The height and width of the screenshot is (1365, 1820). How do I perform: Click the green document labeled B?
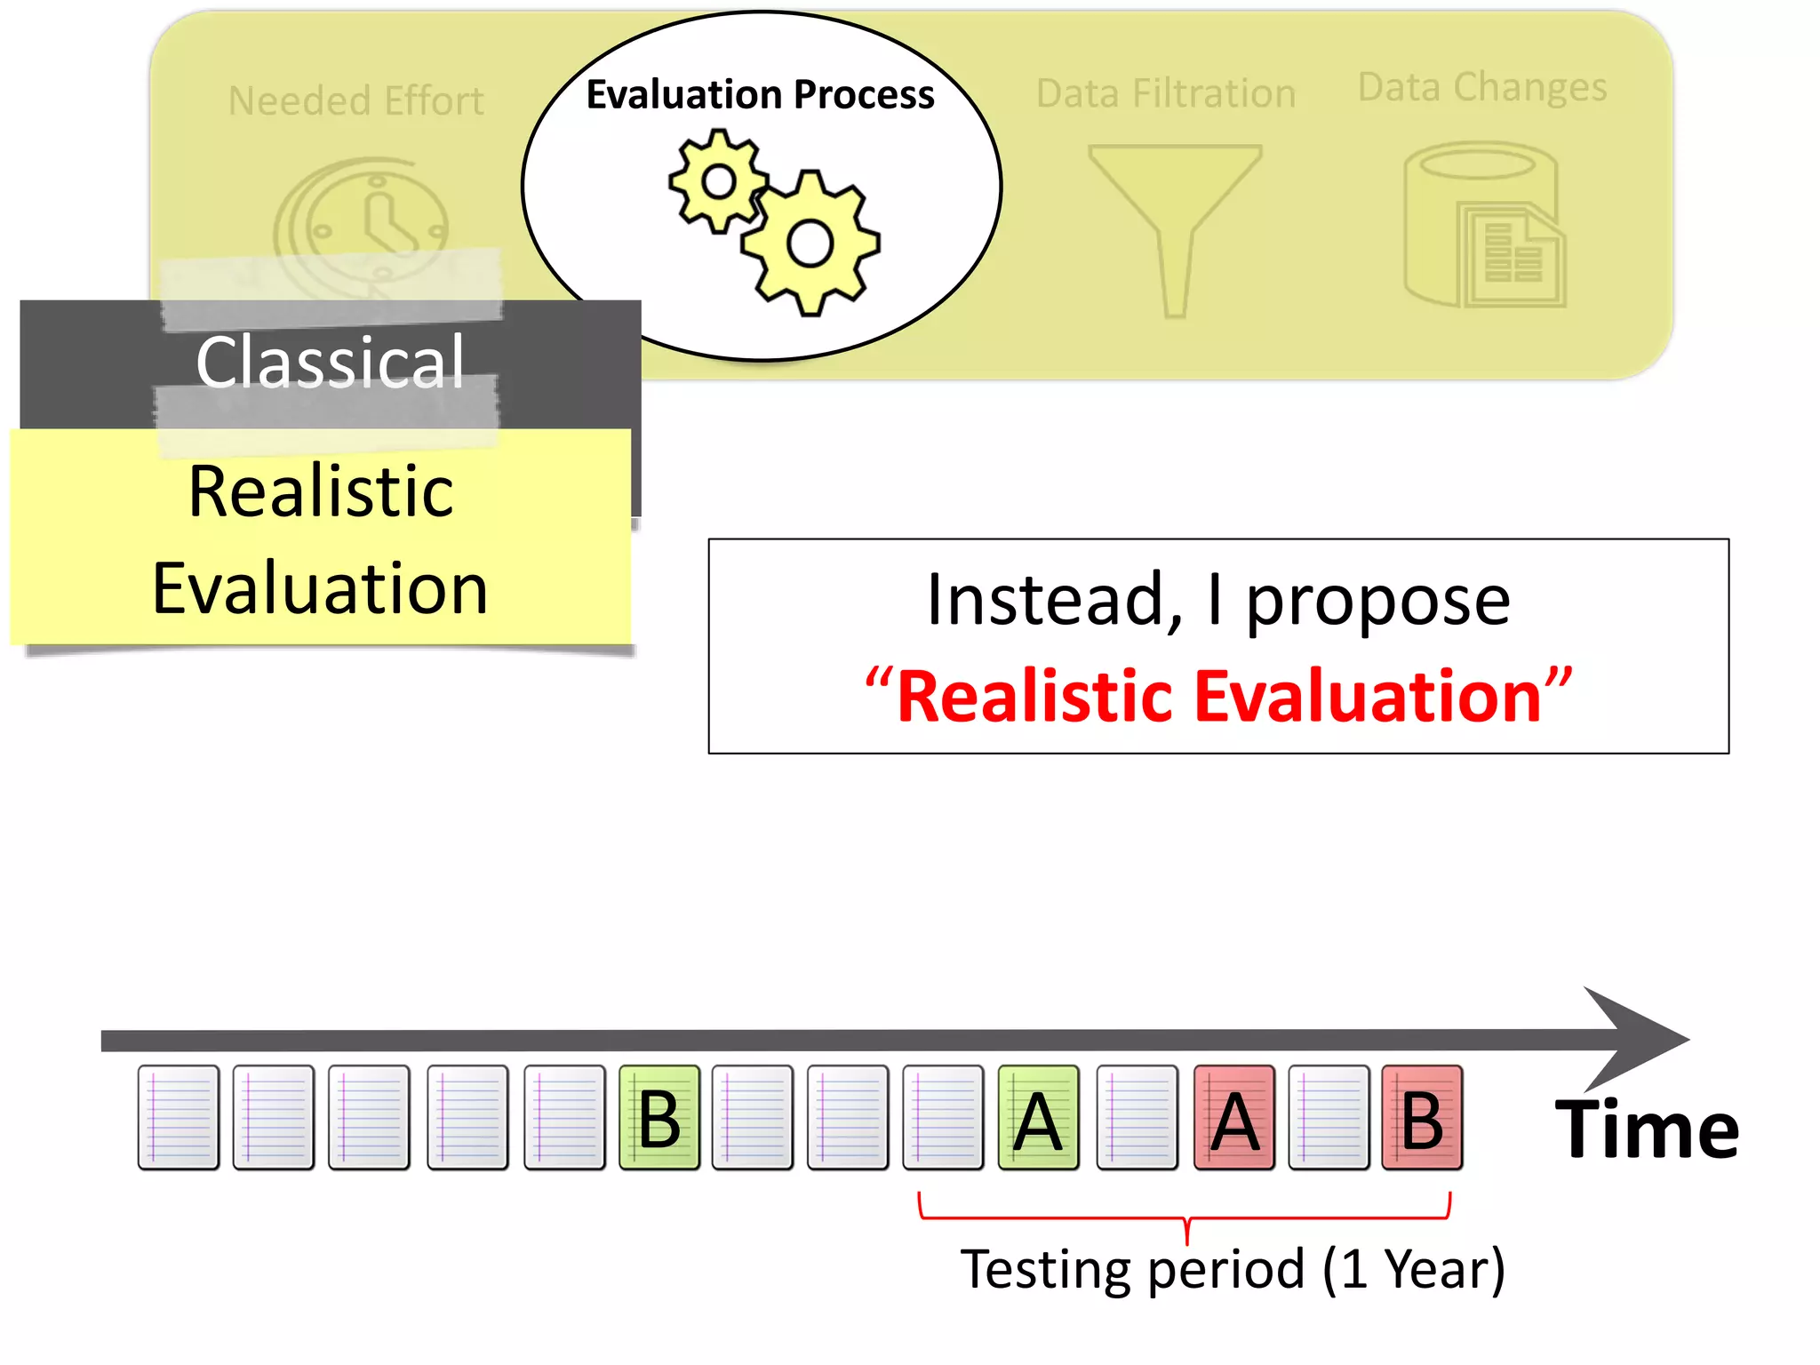point(659,1118)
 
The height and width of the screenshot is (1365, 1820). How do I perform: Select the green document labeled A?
point(1038,1118)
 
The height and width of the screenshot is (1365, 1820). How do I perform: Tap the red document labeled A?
point(1234,1118)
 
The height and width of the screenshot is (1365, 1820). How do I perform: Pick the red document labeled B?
point(1422,1118)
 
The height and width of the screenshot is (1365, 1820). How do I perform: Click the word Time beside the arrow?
point(1647,1130)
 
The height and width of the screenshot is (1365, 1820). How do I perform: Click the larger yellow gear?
point(810,243)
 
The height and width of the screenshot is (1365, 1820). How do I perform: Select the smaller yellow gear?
point(718,182)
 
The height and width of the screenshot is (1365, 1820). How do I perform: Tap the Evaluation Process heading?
point(760,94)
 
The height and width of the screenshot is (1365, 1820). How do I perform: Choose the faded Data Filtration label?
point(1166,93)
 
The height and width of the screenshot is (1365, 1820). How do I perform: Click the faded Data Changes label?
point(1482,87)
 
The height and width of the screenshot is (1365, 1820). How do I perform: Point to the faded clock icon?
point(362,222)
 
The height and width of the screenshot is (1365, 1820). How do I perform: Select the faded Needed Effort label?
point(355,100)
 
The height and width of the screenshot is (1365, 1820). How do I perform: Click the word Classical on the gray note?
point(330,362)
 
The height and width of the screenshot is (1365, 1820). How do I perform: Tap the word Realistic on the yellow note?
point(321,491)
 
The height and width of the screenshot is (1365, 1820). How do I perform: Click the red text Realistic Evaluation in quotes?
point(1217,696)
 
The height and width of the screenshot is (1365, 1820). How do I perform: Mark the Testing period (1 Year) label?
point(1233,1269)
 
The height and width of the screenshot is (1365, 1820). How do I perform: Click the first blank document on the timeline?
point(179,1118)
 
